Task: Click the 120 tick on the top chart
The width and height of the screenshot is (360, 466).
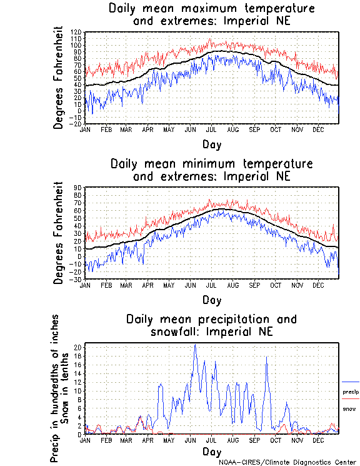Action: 77,31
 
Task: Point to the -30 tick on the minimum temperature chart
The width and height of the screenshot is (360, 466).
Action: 77,279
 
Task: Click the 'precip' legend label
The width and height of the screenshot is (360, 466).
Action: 351,392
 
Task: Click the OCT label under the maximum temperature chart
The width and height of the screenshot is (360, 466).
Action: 276,129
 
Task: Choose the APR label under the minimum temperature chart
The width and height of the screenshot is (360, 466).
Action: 148,285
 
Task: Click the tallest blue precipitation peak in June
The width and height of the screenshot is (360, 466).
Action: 195,345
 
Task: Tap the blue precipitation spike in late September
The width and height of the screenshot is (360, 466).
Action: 267,357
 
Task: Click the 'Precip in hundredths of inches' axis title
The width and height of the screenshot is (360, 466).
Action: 56,388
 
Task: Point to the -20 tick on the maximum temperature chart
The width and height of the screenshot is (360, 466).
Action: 77,124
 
